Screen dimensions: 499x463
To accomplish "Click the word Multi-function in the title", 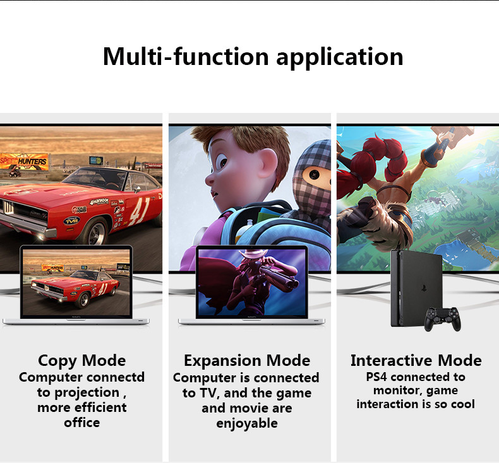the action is [186, 57].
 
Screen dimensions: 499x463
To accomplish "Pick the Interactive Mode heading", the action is [416, 361].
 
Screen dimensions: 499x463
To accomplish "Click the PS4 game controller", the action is [442, 319].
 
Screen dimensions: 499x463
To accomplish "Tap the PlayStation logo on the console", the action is [424, 288].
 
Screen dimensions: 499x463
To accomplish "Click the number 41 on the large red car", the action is [140, 211].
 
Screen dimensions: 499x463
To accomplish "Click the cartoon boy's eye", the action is [224, 162].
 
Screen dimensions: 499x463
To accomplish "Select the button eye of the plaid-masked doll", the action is [314, 174].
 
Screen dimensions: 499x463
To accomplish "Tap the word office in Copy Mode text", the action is [81, 423].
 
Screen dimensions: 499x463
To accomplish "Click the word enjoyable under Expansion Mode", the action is [247, 424].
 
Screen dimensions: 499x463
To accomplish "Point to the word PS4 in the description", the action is [376, 377].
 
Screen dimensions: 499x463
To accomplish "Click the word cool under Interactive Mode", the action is [463, 404].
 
